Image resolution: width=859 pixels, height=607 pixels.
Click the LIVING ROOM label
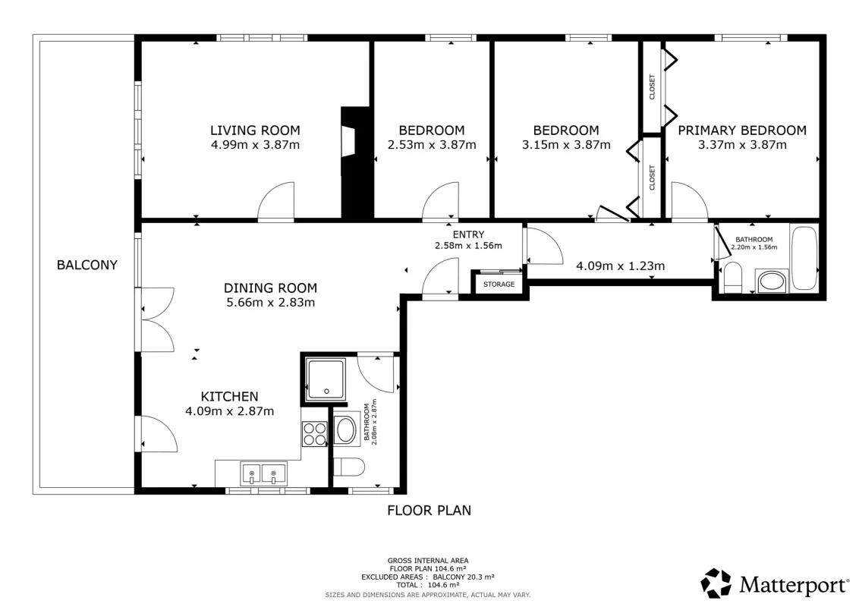pyautogui.click(x=255, y=131)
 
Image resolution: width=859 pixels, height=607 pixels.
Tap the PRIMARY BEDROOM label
pyautogui.click(x=742, y=131)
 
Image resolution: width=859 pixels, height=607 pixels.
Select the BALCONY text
pyautogui.click(x=87, y=265)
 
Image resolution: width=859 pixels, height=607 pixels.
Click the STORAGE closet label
pyautogui.click(x=499, y=285)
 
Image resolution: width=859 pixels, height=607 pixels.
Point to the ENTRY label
pyautogui.click(x=468, y=234)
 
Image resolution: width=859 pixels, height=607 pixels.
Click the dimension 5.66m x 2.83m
pyautogui.click(x=271, y=303)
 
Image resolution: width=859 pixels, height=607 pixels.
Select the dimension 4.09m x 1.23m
pyautogui.click(x=621, y=266)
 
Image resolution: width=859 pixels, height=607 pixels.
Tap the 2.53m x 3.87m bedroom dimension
pyautogui.click(x=432, y=145)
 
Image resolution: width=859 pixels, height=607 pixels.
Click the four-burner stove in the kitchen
pyautogui.click(x=314, y=433)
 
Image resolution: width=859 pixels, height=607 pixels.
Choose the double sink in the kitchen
pyautogui.click(x=263, y=473)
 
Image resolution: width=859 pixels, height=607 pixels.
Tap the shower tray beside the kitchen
pyautogui.click(x=326, y=379)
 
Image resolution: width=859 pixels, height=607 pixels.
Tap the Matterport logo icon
pyautogui.click(x=716, y=583)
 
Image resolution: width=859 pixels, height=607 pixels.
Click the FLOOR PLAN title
pyautogui.click(x=429, y=511)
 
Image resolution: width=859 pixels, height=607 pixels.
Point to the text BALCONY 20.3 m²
pyautogui.click(x=464, y=577)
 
